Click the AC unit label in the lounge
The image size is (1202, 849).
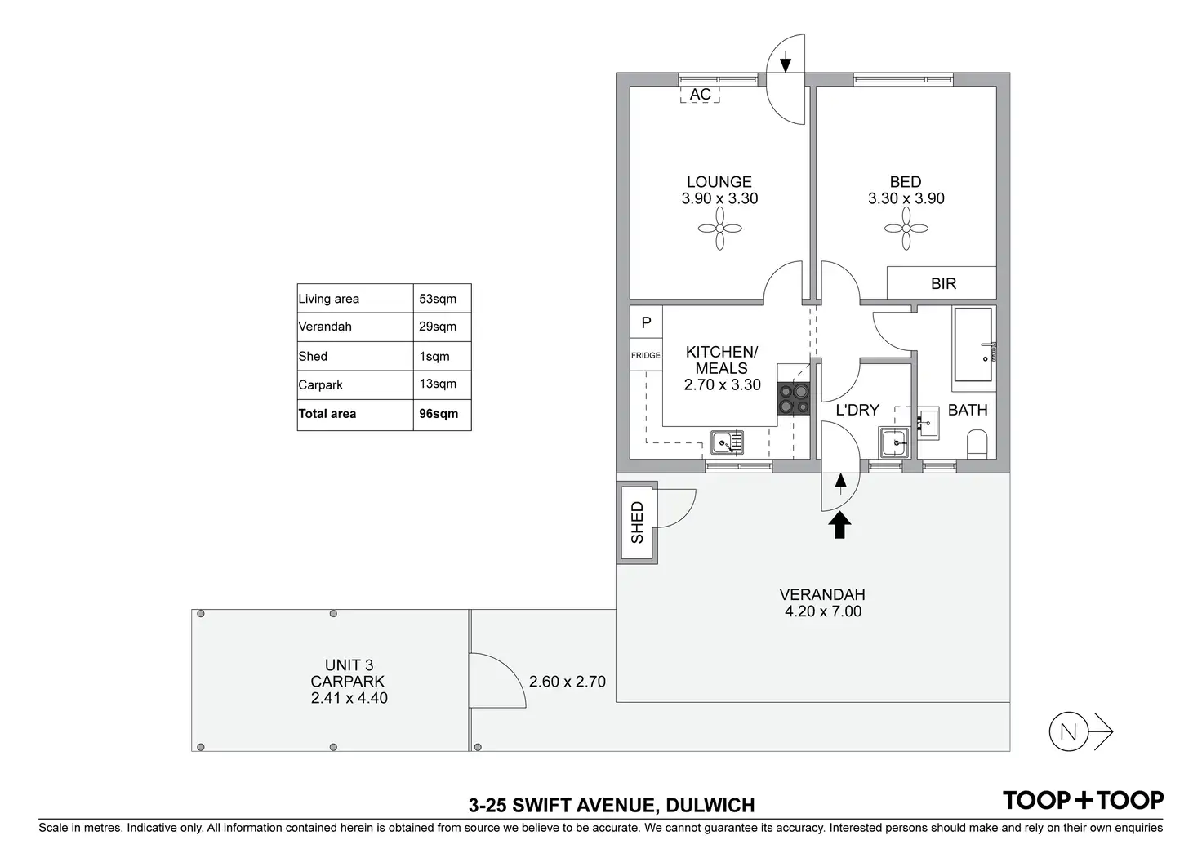point(700,95)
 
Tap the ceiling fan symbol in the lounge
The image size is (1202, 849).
point(719,229)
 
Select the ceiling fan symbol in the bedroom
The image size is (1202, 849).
point(906,229)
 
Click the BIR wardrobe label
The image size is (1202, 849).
point(943,283)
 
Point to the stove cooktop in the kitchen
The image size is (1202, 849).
point(794,398)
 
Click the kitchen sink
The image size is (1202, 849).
point(727,442)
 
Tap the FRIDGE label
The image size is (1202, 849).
point(646,355)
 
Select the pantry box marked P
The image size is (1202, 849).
point(646,322)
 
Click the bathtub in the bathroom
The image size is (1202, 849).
point(973,344)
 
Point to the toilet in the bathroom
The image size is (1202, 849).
point(977,444)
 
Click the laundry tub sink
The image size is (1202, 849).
point(893,442)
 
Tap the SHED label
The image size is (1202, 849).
point(637,522)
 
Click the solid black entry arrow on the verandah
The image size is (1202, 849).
point(839,525)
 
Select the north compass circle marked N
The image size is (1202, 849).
point(1068,731)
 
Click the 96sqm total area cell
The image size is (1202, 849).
point(439,414)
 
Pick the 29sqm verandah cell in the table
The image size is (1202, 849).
point(438,327)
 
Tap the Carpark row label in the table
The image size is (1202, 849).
point(320,385)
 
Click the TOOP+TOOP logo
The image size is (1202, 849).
point(1083,800)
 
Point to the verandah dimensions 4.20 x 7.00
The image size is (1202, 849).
point(823,611)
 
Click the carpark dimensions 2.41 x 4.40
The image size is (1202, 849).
point(349,698)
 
